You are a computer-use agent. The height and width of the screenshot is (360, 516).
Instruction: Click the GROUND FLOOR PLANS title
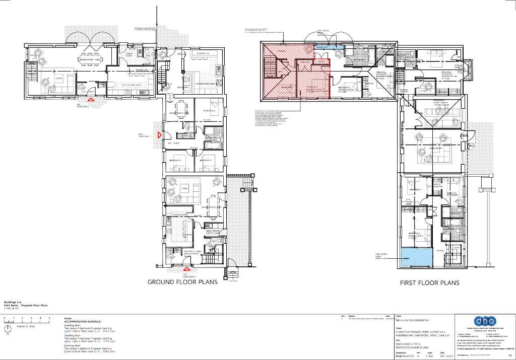(x=182, y=282)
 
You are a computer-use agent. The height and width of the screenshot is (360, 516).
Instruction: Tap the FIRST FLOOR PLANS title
(x=430, y=283)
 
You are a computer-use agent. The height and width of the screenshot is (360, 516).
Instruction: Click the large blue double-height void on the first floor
(x=416, y=258)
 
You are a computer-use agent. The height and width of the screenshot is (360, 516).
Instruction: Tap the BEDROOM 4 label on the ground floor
(x=209, y=110)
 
